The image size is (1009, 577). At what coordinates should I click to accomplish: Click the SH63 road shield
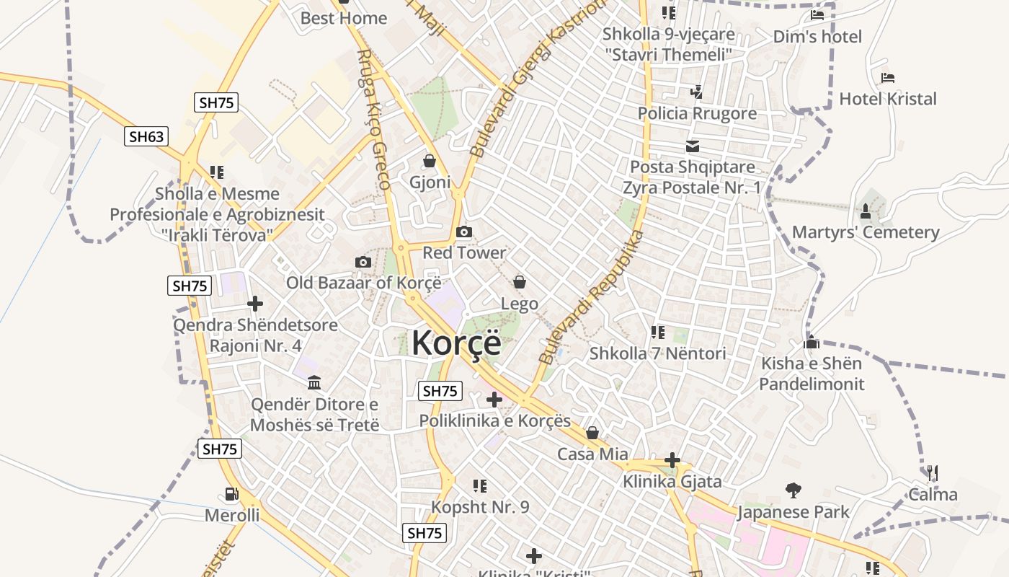coord(146,136)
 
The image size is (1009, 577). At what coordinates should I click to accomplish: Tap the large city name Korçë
coord(455,343)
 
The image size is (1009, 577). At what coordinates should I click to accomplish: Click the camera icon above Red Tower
coord(464,232)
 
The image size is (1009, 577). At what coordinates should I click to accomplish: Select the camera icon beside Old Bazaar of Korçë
coord(363,262)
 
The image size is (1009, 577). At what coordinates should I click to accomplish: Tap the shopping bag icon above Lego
coord(520,282)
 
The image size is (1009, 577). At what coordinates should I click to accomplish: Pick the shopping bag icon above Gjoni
coord(430,161)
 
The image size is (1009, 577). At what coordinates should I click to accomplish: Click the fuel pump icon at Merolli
coord(231,494)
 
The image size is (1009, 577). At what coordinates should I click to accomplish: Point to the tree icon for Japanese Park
coord(794,490)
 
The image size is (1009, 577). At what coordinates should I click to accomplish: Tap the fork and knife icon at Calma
coord(932,473)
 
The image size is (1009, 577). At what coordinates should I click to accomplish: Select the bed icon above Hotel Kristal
coord(888,78)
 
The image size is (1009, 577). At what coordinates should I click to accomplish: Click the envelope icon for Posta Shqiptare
coord(693,146)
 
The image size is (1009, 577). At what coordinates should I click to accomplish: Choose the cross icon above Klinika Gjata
coord(672,460)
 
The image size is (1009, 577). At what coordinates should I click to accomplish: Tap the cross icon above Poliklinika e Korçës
coord(494,399)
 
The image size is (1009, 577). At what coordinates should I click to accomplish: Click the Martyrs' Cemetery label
coord(866,232)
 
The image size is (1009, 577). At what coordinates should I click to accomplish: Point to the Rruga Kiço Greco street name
coord(375,119)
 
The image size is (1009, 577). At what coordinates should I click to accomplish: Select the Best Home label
coord(344,18)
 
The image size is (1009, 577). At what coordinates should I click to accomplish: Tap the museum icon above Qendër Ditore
coord(314,382)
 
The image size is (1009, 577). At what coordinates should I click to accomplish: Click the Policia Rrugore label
coord(697,113)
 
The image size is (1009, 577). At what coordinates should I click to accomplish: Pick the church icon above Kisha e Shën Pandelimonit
coord(812,342)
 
